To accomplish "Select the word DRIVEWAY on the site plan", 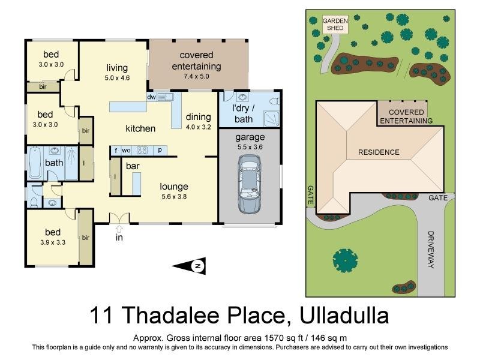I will point(431,249).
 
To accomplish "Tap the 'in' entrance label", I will point(119,238).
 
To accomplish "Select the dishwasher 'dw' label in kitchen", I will point(152,97).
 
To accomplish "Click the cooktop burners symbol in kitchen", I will point(143,150).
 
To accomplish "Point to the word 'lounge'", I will point(174,187).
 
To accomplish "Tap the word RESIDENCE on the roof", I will point(379,152).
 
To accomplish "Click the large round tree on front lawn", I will point(345,260).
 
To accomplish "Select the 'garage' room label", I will point(250,137).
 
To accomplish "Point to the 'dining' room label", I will point(198,117).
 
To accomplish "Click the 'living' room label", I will point(117,68).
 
